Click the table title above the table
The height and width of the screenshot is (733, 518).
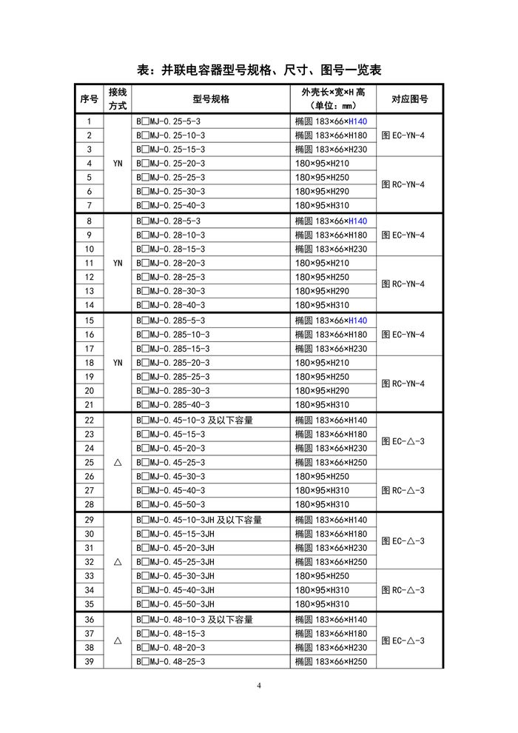pos(259,70)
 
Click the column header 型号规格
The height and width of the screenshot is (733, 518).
pos(211,99)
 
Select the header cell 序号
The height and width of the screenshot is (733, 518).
pos(89,99)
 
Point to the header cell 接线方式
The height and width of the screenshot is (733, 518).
pos(118,99)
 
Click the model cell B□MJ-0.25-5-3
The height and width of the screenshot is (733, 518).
pos(169,121)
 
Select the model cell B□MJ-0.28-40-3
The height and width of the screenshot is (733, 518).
pos(172,305)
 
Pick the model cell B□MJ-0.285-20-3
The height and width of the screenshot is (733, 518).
pos(174,363)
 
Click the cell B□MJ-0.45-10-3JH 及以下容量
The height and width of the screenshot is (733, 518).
pos(199,520)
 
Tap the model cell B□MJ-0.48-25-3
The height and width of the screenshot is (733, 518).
pos(172,662)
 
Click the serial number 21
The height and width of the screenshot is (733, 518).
pos(90,405)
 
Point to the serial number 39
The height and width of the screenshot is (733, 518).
pos(90,662)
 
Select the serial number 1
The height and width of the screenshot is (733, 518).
pos(90,121)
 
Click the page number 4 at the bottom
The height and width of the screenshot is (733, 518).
pos(259,685)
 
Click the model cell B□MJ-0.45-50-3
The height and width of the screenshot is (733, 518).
pos(172,505)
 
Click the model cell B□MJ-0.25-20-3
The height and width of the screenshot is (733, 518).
pos(172,164)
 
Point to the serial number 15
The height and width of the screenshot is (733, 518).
pos(90,321)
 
